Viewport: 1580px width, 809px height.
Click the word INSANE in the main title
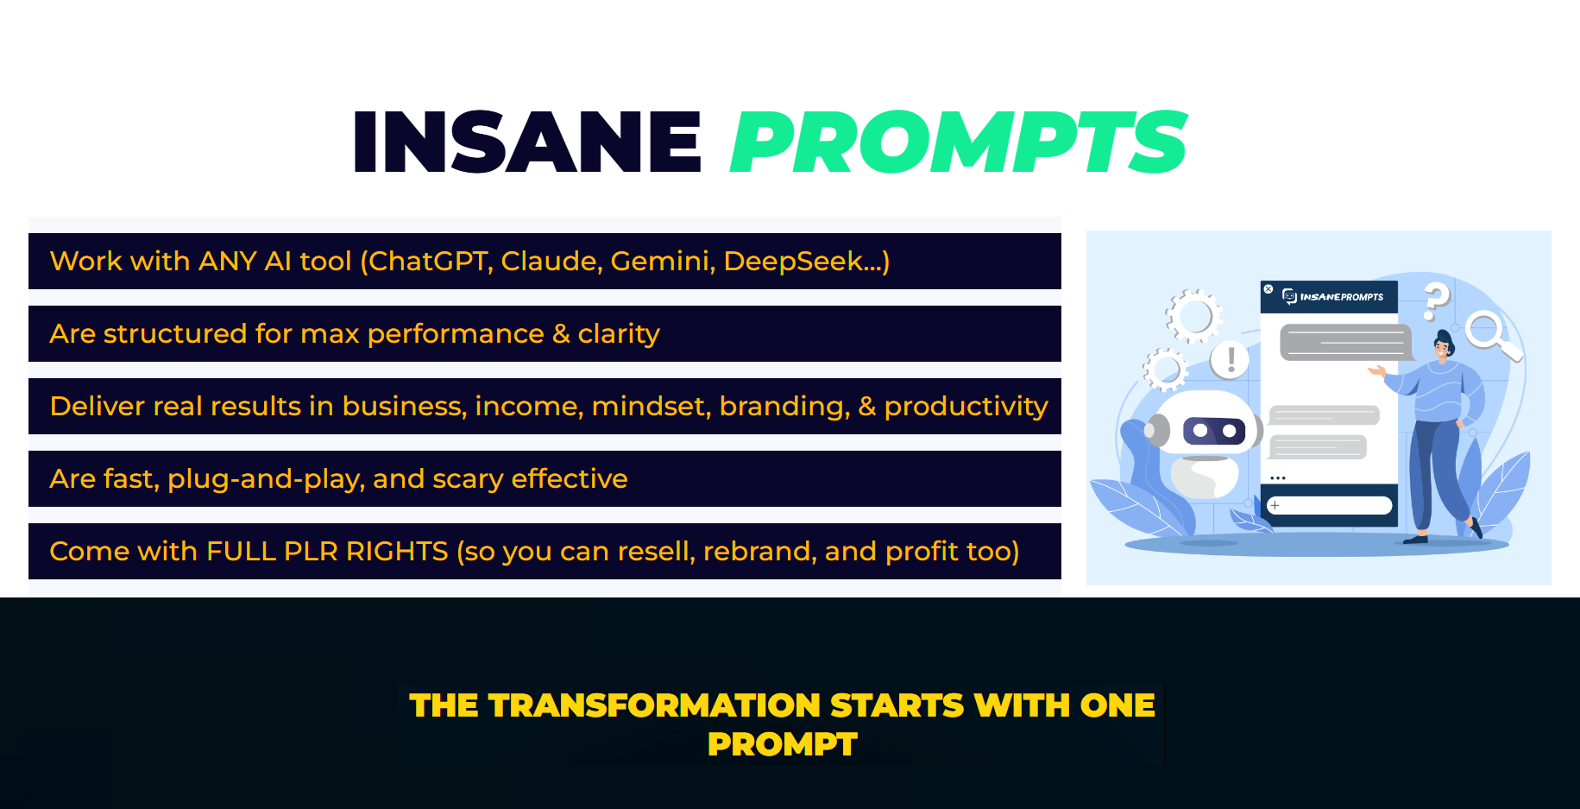(x=526, y=142)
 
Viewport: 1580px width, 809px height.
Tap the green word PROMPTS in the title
(x=959, y=142)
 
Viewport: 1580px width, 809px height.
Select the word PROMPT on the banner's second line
(x=783, y=744)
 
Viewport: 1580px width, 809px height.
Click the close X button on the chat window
(x=1268, y=289)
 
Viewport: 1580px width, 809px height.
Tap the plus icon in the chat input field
(x=1275, y=505)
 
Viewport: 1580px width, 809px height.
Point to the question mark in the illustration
(x=1437, y=301)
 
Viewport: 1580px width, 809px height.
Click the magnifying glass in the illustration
(x=1492, y=336)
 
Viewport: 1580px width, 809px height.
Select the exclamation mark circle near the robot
(x=1231, y=358)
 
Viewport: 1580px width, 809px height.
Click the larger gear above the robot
(x=1194, y=316)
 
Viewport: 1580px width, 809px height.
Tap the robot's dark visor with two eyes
(x=1214, y=430)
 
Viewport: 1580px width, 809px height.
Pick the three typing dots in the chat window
(x=1278, y=477)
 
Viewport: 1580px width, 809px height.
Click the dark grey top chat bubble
(x=1345, y=343)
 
